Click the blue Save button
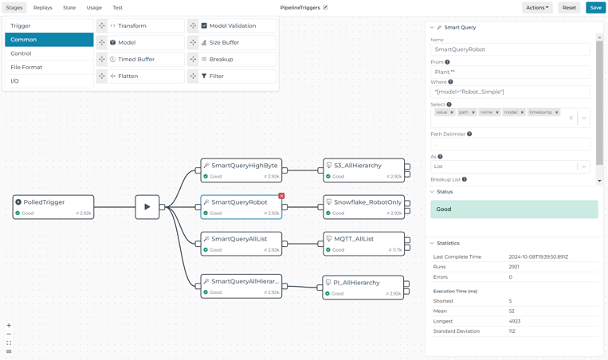coord(595,7)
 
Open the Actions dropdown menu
coord(537,7)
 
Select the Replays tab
coord(42,7)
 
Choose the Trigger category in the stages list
coord(49,25)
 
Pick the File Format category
coord(49,67)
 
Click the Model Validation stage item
coord(233,25)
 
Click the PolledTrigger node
coord(53,207)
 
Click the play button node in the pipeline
coord(147,207)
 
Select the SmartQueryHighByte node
coord(241,170)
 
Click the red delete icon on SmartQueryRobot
coord(281,196)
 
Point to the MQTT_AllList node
coord(363,243)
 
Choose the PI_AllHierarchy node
coord(363,287)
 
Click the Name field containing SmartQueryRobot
coord(510,49)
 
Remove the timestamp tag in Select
coord(557,112)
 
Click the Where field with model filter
coord(510,92)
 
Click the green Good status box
coord(514,209)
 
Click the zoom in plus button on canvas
coord(9,325)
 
